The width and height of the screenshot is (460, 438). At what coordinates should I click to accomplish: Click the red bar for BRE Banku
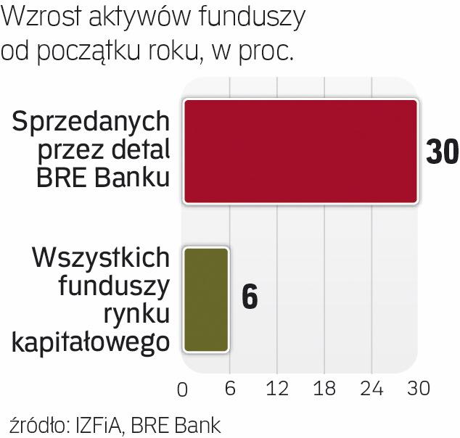click(x=300, y=151)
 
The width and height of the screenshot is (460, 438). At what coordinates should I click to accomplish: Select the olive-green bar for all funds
click(x=206, y=299)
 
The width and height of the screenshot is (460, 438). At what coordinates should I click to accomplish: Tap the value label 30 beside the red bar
click(x=442, y=152)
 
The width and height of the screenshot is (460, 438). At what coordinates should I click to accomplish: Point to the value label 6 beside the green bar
click(x=249, y=299)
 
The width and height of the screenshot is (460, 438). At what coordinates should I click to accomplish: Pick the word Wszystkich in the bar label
click(x=102, y=259)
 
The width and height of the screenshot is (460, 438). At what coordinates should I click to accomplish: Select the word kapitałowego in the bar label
click(x=93, y=342)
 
